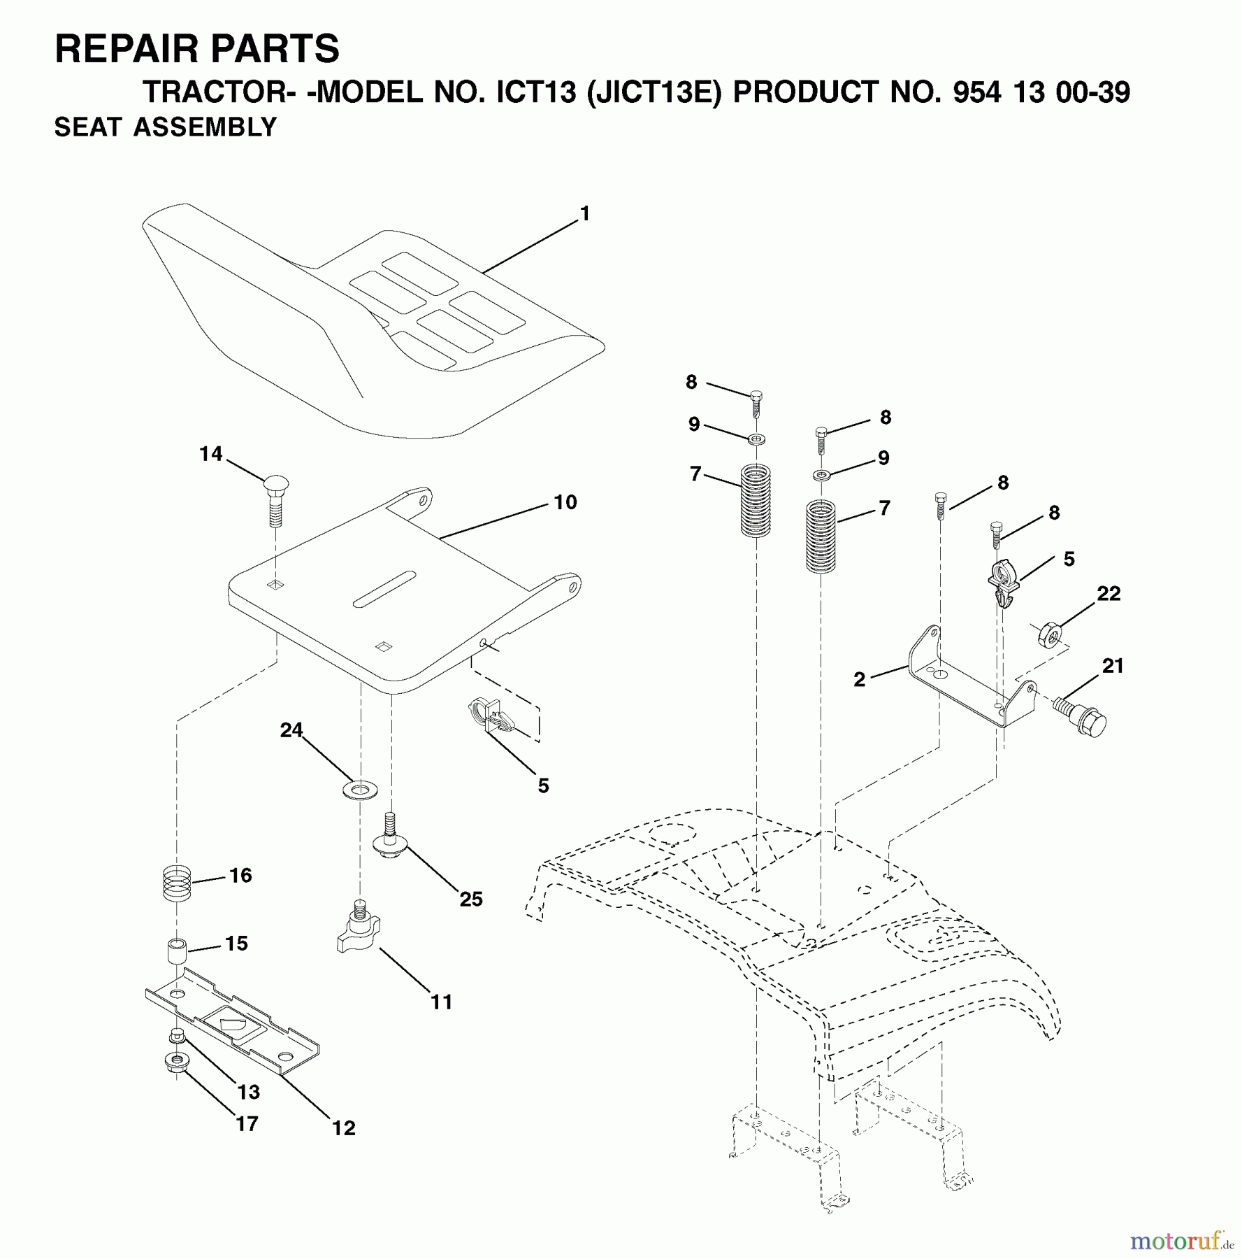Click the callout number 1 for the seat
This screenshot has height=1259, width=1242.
point(585,213)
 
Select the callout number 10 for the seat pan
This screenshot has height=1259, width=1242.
point(565,502)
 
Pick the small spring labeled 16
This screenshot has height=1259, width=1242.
point(175,884)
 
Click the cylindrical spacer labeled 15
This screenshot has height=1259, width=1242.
point(176,953)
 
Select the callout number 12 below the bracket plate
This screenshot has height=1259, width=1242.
point(344,1128)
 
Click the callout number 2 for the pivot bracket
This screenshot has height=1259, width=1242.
point(860,678)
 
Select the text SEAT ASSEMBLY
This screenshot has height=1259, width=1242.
point(166,127)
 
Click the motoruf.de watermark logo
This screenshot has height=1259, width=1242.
point(1180,1241)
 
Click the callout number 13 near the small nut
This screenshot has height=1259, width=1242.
point(249,1091)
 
